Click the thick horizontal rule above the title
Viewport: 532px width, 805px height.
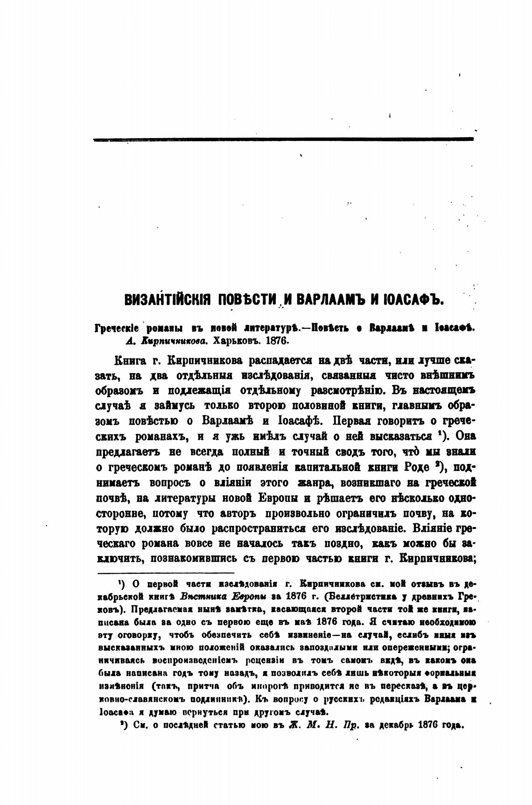point(283,139)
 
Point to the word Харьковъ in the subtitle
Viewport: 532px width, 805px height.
point(238,340)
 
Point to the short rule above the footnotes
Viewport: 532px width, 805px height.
point(165,572)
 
